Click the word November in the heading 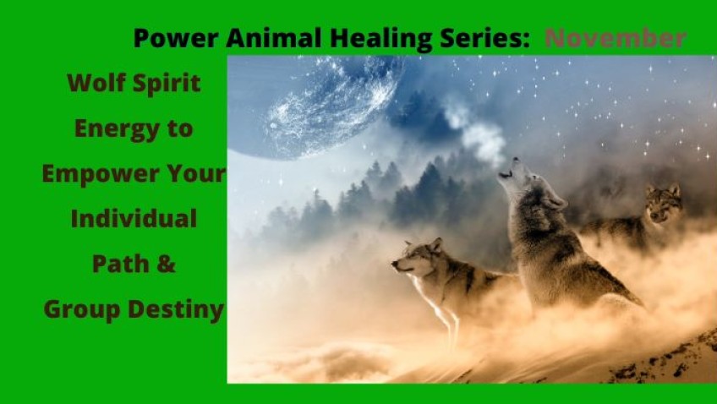coord(616,38)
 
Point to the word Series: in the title coord(484,38)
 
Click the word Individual coord(134,218)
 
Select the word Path coord(121,264)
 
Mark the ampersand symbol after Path coord(167,265)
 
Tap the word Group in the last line coord(82,310)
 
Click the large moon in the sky coord(315,107)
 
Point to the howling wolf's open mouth coord(506,173)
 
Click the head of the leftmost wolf coord(417,258)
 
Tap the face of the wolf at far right coord(663,204)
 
